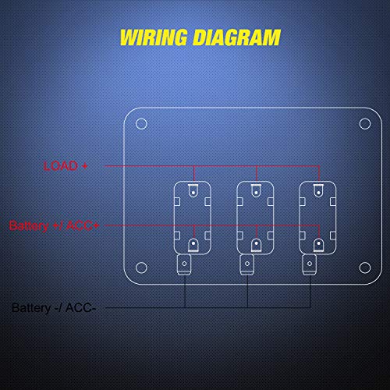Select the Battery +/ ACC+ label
point(55,225)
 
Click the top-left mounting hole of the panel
point(141,123)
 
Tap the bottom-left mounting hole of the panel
point(141,265)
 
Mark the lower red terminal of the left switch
point(193,244)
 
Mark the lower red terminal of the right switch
point(317,244)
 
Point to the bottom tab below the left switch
point(184,265)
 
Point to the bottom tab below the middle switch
point(246,265)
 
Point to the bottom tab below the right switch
point(310,265)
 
